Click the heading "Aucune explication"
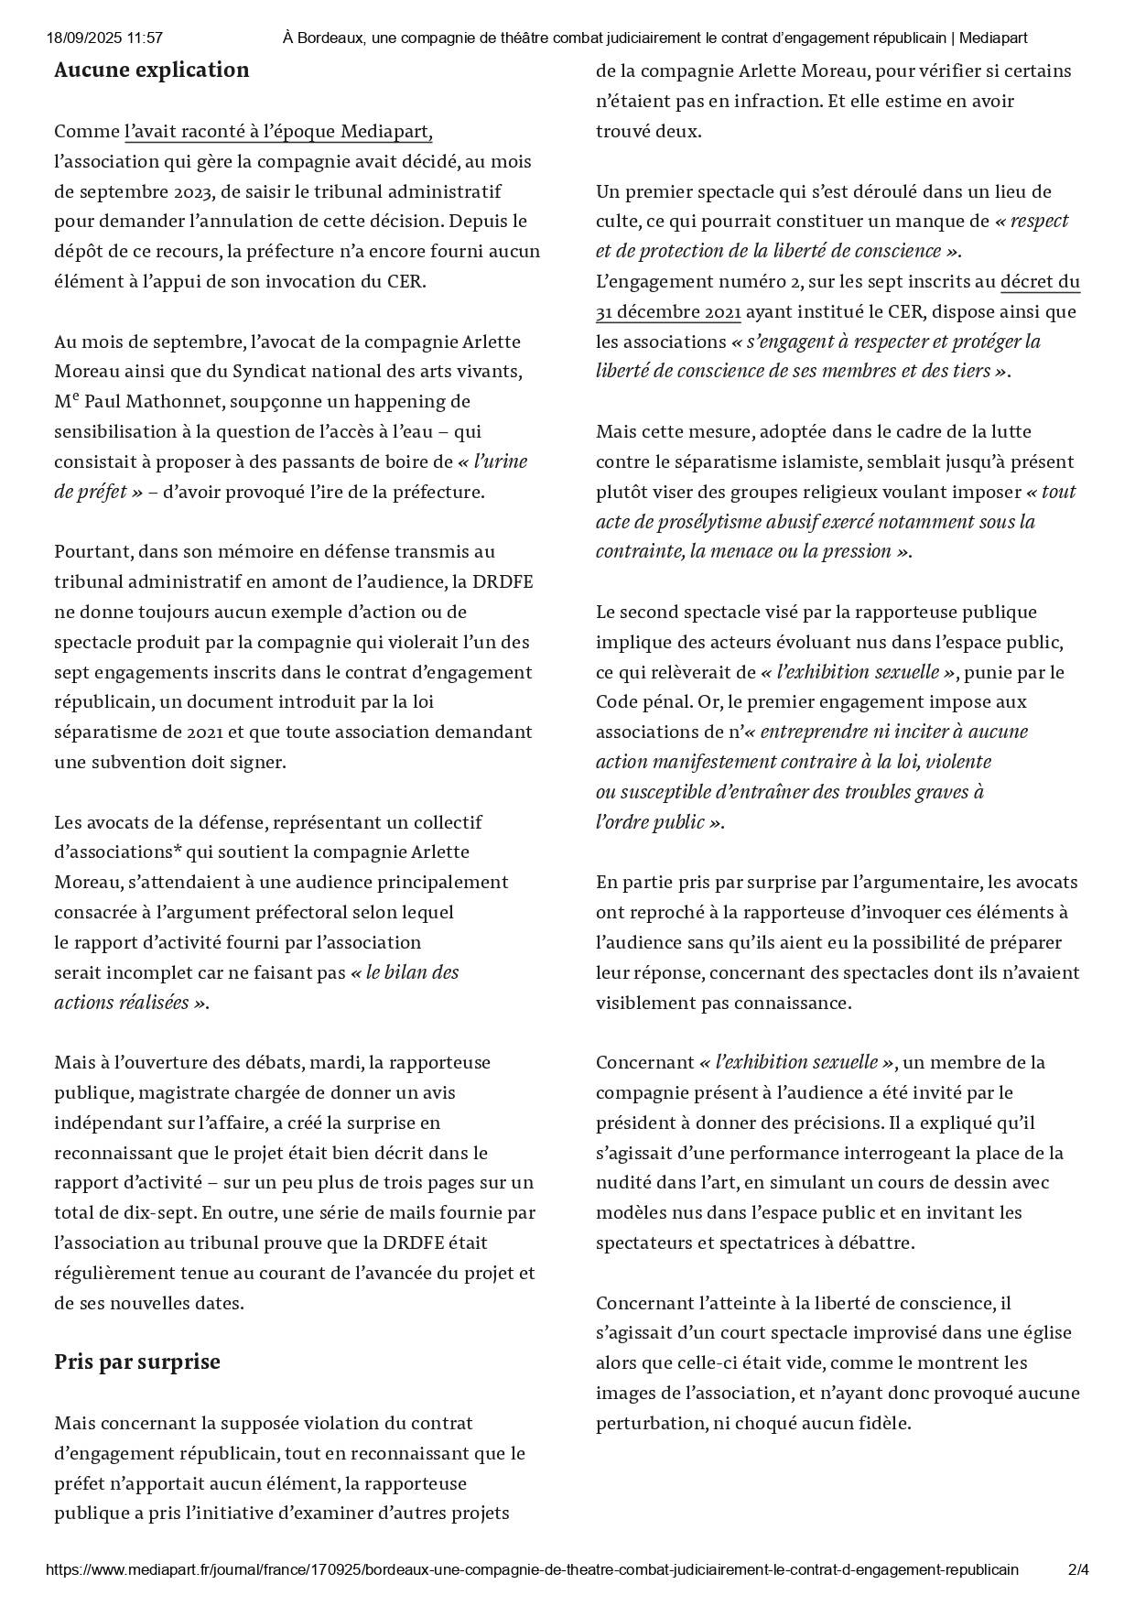151,71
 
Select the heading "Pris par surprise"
137,1362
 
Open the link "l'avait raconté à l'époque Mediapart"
278,132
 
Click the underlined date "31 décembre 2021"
668,312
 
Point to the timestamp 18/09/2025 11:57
104,38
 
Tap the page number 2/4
1078,1569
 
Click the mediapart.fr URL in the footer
531,1569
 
